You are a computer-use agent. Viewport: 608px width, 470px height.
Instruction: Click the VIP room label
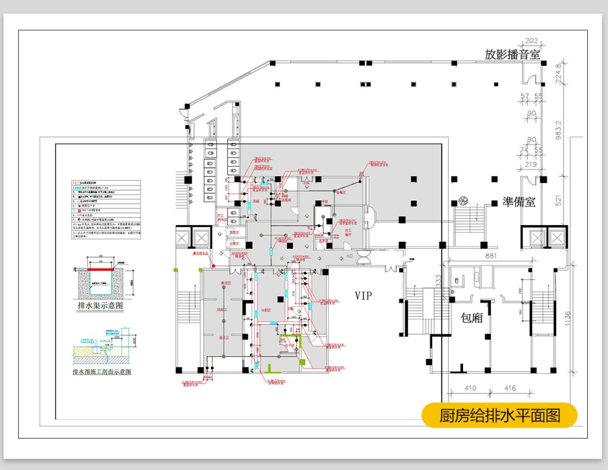point(363,295)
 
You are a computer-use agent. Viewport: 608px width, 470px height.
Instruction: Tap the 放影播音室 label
point(512,55)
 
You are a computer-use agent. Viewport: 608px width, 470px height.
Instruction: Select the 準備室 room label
point(518,201)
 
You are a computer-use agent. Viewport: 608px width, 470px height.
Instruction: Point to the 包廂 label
point(471,318)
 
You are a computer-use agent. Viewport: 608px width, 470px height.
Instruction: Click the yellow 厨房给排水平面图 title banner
point(499,415)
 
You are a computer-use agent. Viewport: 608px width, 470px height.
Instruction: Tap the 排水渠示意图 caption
point(100,306)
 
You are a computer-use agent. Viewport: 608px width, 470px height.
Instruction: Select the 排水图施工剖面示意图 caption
point(102,373)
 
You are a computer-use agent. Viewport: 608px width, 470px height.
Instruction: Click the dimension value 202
point(532,41)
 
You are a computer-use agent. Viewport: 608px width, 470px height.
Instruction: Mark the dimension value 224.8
point(558,74)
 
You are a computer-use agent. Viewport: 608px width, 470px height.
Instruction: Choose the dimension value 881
point(490,257)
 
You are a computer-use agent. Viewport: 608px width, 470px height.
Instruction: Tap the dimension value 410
point(470,389)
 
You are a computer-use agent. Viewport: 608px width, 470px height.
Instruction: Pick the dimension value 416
point(509,389)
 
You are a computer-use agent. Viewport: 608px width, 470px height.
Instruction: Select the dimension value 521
point(558,200)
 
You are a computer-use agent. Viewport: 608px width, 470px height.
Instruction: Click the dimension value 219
point(531,164)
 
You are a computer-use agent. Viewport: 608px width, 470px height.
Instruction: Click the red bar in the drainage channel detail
point(100,270)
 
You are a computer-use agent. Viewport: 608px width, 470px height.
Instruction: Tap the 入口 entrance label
point(350,257)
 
